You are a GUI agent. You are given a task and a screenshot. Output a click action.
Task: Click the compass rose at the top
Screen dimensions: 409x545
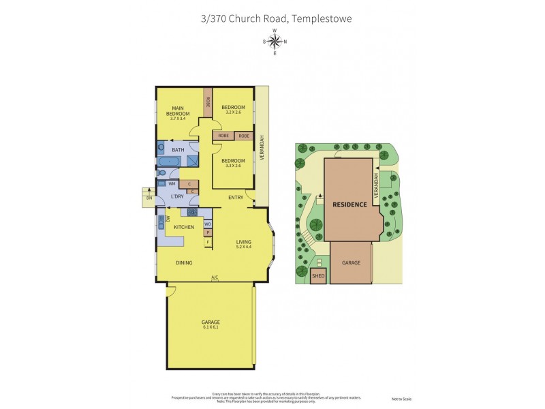coord(275,42)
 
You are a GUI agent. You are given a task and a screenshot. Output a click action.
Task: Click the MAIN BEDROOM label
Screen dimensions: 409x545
coord(178,110)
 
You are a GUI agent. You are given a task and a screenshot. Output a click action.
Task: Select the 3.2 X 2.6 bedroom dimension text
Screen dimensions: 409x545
coord(233,113)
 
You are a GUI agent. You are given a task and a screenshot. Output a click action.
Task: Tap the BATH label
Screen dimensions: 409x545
coord(178,150)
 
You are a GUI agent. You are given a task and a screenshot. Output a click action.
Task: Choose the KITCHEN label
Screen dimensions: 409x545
coord(184,227)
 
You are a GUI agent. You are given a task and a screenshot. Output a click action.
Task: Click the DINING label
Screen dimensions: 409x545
coord(184,262)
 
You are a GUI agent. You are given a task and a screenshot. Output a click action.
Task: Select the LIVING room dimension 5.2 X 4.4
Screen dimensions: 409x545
coord(244,247)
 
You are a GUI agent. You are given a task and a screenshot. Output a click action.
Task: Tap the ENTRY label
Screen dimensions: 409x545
coord(236,198)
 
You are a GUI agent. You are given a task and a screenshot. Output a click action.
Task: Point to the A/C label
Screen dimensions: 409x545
coord(215,277)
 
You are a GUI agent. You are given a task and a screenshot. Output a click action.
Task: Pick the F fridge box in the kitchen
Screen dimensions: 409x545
coord(208,242)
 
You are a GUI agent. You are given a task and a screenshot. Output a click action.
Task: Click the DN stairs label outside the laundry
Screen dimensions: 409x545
coord(149,198)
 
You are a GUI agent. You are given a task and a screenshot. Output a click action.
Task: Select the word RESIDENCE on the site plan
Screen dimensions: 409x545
coord(350,204)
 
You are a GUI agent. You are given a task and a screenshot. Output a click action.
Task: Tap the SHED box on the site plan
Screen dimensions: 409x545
coord(318,276)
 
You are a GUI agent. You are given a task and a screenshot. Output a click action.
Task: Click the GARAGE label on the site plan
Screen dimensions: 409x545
coord(352,262)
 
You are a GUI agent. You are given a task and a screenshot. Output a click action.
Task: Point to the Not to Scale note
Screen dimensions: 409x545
coord(402,399)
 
